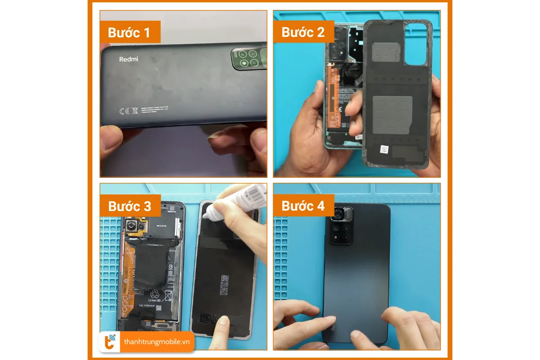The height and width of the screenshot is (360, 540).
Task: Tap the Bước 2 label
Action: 303,32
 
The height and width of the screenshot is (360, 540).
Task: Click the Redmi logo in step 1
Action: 129,59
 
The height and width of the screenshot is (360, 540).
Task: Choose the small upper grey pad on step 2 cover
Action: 384,51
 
